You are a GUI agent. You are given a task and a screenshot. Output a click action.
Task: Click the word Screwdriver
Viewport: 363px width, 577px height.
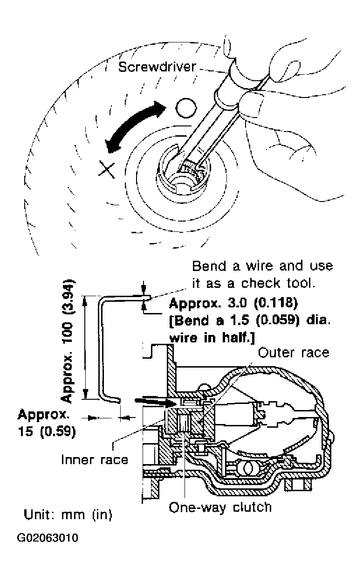pyautogui.click(x=157, y=67)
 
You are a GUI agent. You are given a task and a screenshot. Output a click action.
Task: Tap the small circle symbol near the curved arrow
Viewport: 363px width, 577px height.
pyautogui.click(x=184, y=108)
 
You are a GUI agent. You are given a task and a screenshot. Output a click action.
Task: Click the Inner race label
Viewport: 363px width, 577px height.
pyautogui.click(x=95, y=460)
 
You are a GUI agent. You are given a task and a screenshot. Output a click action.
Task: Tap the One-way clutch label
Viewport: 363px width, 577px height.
pyautogui.click(x=220, y=507)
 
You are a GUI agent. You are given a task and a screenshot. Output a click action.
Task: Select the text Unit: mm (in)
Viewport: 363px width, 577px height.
pyautogui.click(x=68, y=515)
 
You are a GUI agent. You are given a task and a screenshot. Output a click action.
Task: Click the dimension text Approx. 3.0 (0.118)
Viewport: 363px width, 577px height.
pyautogui.click(x=233, y=304)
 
